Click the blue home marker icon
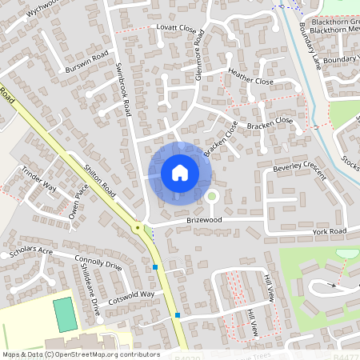179,173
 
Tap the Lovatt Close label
176,29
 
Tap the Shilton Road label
101,182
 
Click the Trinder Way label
38,182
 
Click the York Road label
329,231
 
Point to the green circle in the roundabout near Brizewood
212,195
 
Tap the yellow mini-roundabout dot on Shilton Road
138,228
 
